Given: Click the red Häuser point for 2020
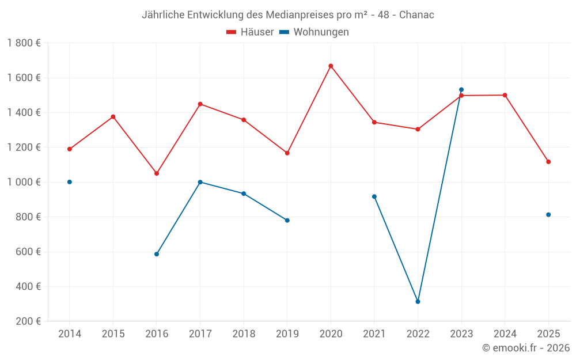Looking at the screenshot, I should (331, 66).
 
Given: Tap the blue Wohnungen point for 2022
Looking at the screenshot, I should (418, 302).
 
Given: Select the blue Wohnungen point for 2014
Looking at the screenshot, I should (70, 182).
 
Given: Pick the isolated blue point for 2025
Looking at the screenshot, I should (548, 215).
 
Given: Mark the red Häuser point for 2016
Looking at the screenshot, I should (157, 173).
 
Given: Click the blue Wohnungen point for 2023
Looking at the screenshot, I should (461, 90).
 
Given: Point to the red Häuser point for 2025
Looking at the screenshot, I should (548, 162).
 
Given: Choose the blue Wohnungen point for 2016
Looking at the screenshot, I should (157, 254).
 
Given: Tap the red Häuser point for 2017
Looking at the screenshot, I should (200, 104).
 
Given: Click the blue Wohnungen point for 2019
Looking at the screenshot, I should (287, 221).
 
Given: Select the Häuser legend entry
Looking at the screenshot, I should (250, 32).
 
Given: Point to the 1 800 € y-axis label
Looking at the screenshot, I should (24, 43).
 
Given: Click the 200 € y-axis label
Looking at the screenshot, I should (28, 321).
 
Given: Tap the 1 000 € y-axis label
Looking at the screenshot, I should (24, 182).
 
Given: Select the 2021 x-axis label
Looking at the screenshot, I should (374, 334).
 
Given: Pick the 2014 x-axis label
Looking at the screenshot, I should (70, 334).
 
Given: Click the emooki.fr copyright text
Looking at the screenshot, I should (525, 348).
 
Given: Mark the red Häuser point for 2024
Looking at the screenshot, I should (505, 95).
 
